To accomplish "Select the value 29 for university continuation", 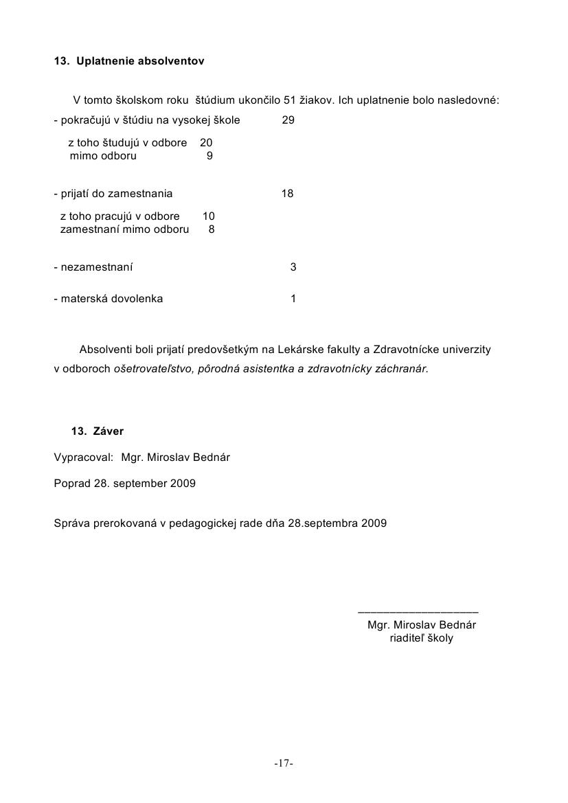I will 288,120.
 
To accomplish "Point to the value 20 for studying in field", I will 206,143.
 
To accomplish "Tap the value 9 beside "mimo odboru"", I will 209,156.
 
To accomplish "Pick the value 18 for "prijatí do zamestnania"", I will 288,194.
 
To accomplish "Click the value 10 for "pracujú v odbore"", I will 209,216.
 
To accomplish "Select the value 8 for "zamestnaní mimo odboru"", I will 212,229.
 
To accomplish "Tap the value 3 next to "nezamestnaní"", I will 293,267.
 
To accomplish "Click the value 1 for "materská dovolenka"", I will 293,299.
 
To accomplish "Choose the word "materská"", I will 84,299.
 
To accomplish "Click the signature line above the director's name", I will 418,611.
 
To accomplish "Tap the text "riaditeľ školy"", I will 422,638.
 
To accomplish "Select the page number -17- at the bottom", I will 284,763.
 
